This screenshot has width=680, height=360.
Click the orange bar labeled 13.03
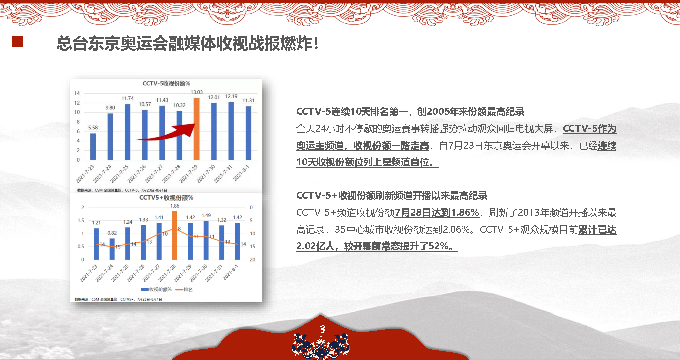pyautogui.click(x=197, y=129)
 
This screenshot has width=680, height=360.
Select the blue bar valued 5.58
pyautogui.click(x=93, y=146)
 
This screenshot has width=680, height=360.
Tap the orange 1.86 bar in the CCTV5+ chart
pyautogui.click(x=174, y=235)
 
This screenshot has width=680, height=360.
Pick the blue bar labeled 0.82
pyautogui.click(x=112, y=249)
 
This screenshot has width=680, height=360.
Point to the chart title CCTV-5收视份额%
pyautogui.click(x=166, y=83)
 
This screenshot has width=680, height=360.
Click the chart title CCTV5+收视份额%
pyautogui.click(x=166, y=198)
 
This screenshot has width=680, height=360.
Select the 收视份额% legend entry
pyautogui.click(x=156, y=289)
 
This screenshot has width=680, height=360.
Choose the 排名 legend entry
pyautogui.click(x=184, y=289)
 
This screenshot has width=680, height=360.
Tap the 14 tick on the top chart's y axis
pyautogui.click(x=77, y=93)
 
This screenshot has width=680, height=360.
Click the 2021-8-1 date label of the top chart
pyautogui.click(x=241, y=173)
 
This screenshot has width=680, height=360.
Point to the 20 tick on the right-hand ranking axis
pyautogui.click(x=253, y=259)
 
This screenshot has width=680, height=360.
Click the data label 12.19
pyautogui.click(x=231, y=96)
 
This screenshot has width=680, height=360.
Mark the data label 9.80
pyautogui.click(x=110, y=108)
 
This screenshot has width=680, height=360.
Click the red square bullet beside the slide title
pyautogui.click(x=17, y=42)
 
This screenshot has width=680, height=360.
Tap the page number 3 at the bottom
pyautogui.click(x=322, y=329)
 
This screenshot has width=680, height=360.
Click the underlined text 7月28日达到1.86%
pyautogui.click(x=437, y=212)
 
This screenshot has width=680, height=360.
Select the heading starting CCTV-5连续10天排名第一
pyautogui.click(x=410, y=112)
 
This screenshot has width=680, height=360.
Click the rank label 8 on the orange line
pyautogui.click(x=179, y=229)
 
